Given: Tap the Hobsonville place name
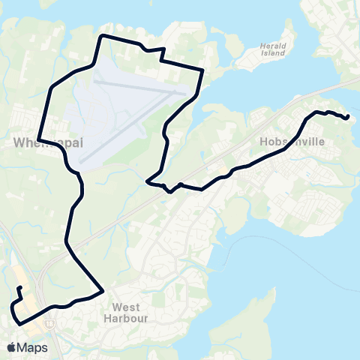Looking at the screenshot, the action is click(289, 139).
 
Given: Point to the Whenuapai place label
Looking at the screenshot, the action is click(46, 142).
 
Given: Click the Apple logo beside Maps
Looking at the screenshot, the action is click(11, 347).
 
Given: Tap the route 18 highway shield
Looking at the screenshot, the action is click(48, 324).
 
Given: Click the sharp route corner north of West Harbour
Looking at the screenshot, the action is click(101, 291).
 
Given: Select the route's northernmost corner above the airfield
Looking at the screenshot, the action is click(102, 35).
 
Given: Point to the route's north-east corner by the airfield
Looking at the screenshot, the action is click(202, 70).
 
